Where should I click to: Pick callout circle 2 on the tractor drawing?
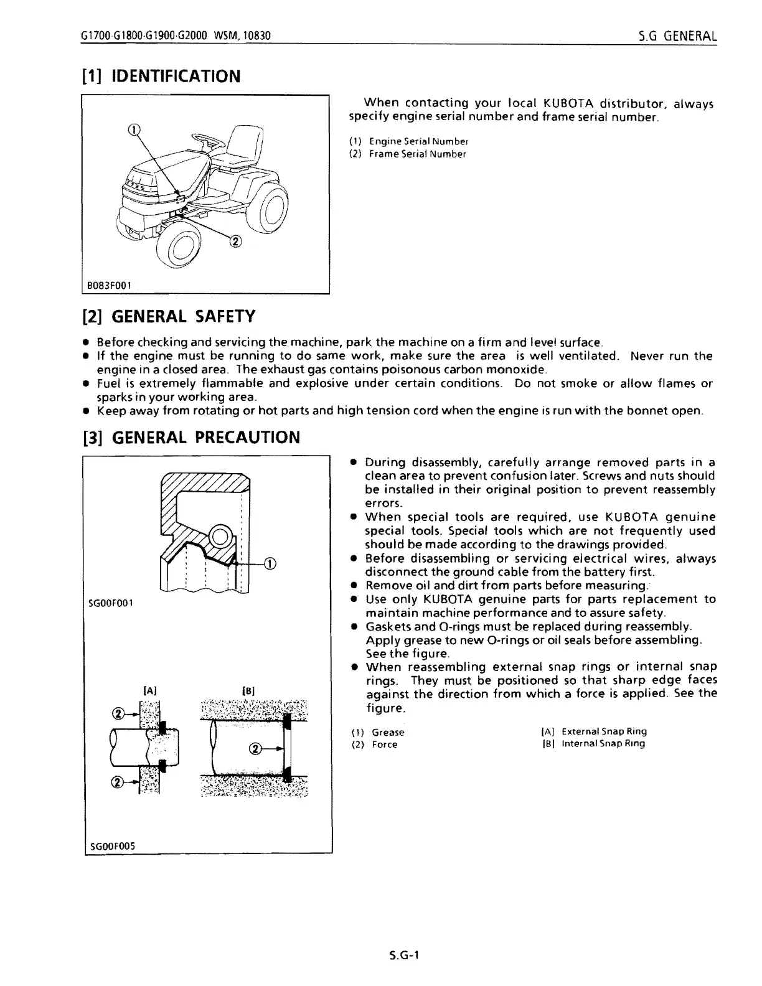235,241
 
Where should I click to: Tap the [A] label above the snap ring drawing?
150,690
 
